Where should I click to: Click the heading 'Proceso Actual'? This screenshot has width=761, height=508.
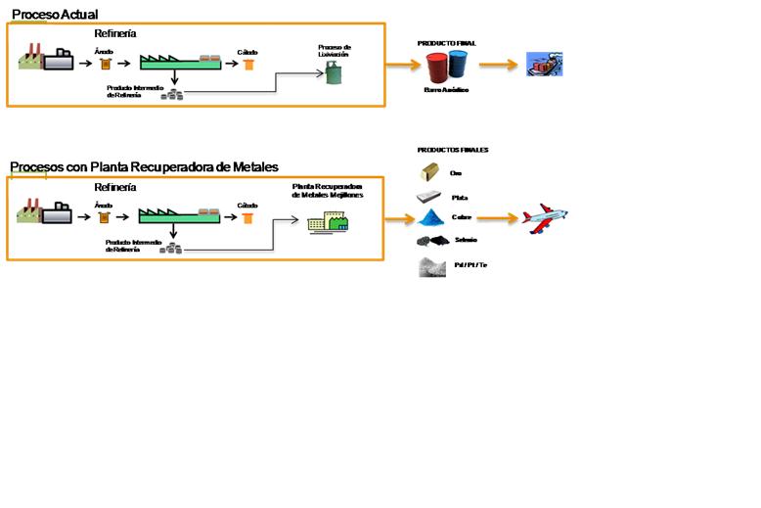54,13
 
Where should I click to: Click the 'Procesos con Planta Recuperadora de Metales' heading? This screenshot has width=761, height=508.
144,166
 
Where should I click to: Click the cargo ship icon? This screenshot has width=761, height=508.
544,65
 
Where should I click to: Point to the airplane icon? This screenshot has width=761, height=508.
543,217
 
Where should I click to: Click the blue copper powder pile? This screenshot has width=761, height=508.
431,217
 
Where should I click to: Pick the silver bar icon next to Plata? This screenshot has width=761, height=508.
429,197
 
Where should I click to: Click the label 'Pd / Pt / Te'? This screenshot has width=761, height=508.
469,264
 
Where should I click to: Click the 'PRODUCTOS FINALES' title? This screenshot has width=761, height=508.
453,150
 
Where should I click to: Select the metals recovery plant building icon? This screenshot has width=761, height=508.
327,223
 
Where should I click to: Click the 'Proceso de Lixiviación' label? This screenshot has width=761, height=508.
335,50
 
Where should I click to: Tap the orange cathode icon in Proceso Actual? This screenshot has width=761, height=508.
248,65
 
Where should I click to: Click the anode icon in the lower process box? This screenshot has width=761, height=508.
103,218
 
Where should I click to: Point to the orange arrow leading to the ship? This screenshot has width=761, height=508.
499,66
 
